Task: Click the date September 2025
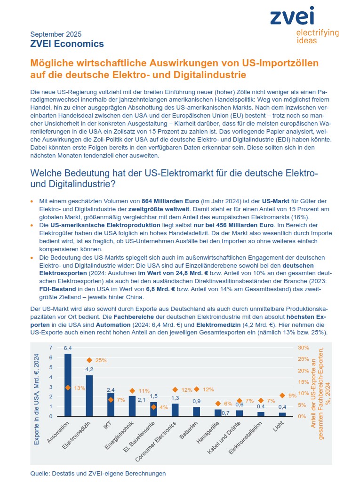point(56,34)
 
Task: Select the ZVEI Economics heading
point(67,44)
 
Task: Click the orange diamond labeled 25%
point(89,360)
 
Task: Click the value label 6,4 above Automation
point(68,348)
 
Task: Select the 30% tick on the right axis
point(303,348)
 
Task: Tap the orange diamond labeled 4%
point(153,407)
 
